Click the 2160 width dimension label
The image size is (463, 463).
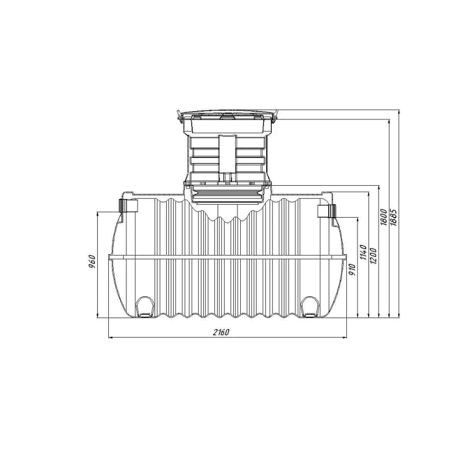tap(221, 333)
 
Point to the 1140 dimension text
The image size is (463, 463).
tap(363, 252)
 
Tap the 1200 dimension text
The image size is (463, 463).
tap(373, 256)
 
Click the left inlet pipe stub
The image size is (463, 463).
tap(129, 206)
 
